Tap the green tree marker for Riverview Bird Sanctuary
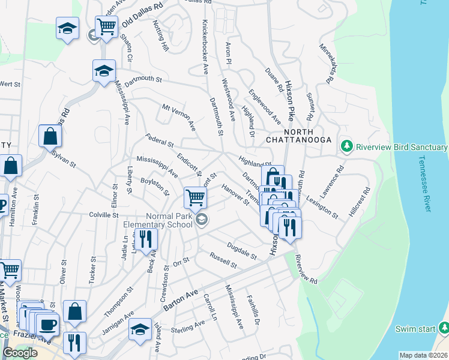pyautogui.click(x=346, y=146)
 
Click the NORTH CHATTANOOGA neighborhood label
pyautogui.click(x=300, y=135)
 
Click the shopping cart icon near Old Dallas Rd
pyautogui.click(x=106, y=26)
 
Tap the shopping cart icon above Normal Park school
pyautogui.click(x=195, y=197)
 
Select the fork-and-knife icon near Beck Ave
pyautogui.click(x=146, y=239)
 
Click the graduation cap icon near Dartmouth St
pyautogui.click(x=104, y=71)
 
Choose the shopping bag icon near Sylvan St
pyautogui.click(x=50, y=136)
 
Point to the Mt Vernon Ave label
pyautogui.click(x=179, y=117)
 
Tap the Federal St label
pyautogui.click(x=160, y=142)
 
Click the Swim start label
pyautogui.click(x=415, y=329)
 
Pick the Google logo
pyautogui.click(x=20, y=353)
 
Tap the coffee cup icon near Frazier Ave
pyautogui.click(x=47, y=324)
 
